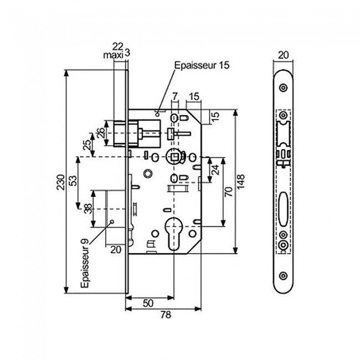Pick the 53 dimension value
[x=74, y=181]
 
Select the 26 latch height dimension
[x=100, y=133]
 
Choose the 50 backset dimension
[x=149, y=304]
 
